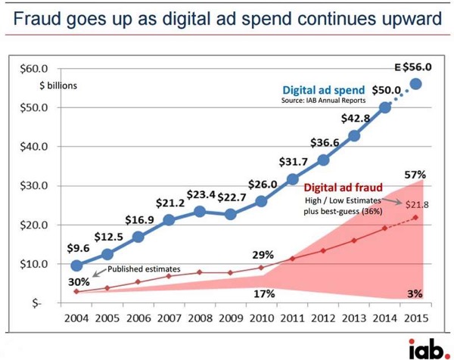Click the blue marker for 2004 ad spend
coord(77,265)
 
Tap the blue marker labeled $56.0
coord(416,83)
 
